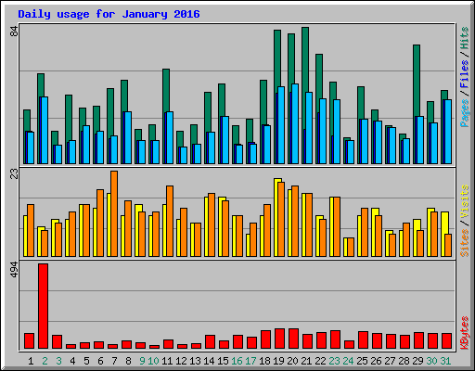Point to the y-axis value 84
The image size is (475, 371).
[x=14, y=32]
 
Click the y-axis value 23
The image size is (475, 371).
[x=14, y=174]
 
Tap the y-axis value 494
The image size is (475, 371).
[x=14, y=270]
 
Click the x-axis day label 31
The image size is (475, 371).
[x=446, y=360]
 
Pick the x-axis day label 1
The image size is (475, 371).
[x=32, y=360]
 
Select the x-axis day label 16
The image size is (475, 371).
[x=237, y=360]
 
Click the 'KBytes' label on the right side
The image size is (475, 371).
[x=464, y=330]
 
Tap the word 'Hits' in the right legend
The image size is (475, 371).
[x=464, y=40]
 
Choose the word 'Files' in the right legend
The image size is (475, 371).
[x=464, y=74]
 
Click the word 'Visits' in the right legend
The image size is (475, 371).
[x=464, y=205]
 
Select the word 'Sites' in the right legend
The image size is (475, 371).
[x=464, y=240]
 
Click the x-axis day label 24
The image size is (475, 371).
[x=348, y=360]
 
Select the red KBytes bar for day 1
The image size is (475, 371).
[x=29, y=340]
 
